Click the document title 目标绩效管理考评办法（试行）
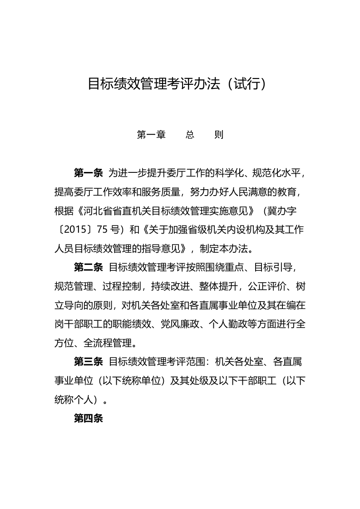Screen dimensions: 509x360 (176, 84)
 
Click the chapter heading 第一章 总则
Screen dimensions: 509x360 (180, 135)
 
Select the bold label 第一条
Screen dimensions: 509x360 (88, 173)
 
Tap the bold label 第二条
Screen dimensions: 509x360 (88, 267)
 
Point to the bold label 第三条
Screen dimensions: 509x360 (88, 362)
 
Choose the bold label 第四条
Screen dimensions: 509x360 (88, 418)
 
